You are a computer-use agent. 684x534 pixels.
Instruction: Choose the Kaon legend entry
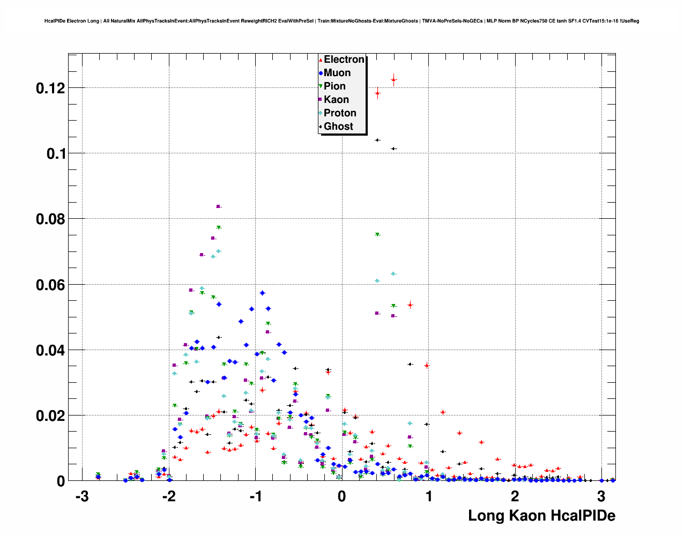coord(336,100)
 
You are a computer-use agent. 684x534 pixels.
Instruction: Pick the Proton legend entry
coord(340,113)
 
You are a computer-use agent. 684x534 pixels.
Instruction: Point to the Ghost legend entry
coord(338,127)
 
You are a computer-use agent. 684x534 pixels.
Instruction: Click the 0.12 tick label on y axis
coord(50,88)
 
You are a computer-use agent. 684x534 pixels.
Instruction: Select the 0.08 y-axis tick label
coord(50,219)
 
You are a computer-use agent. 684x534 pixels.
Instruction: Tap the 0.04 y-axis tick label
coord(50,351)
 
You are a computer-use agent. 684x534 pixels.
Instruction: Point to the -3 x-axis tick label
coord(81,496)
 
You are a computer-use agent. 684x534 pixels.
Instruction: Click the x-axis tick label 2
coord(515,496)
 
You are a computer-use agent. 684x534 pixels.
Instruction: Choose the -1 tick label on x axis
coord(255,496)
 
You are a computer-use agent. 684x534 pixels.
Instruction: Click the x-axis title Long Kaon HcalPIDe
coord(541,516)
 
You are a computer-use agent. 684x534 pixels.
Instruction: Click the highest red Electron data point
coord(393,80)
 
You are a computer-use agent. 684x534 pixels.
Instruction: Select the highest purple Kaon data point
coord(218,206)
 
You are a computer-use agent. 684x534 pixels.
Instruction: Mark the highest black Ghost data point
coord(377,140)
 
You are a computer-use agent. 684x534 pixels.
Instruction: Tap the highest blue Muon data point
coord(263,293)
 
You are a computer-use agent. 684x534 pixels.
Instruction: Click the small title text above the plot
coord(341,21)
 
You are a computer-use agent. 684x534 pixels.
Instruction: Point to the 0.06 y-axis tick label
coord(50,285)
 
